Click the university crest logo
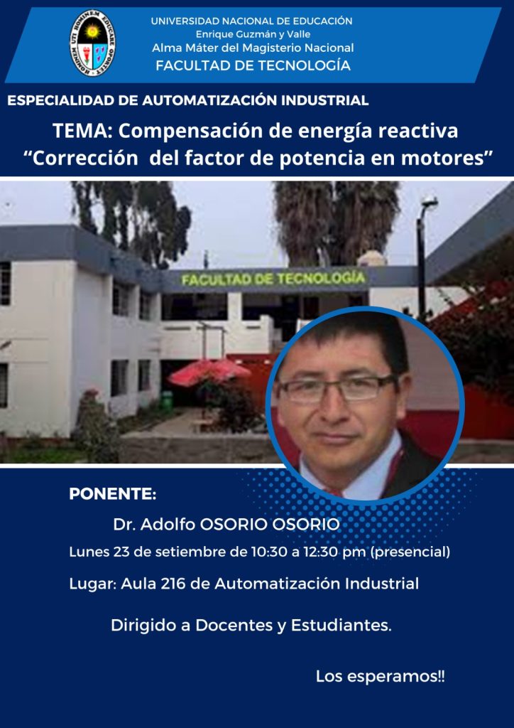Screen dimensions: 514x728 tap(93, 43)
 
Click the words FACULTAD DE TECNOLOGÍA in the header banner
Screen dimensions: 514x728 tap(253, 66)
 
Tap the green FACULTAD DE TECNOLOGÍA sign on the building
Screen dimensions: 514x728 tap(273, 279)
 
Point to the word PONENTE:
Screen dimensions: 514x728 tap(113, 494)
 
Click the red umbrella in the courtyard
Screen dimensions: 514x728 tap(209, 371)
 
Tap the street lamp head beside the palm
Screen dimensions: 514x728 tap(430, 201)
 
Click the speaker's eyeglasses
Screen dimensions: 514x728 tap(337, 388)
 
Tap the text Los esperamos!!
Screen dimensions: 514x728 tap(380, 677)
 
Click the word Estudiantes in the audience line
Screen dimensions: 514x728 tap(340, 626)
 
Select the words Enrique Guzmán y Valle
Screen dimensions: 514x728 tap(253, 34)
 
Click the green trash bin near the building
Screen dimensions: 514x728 tap(166, 400)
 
